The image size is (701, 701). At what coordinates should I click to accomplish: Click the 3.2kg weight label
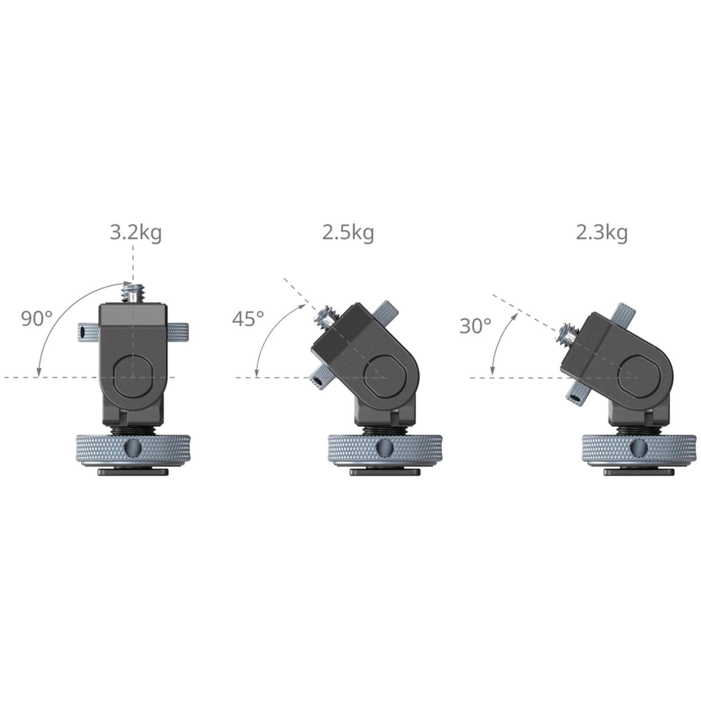pos(136,232)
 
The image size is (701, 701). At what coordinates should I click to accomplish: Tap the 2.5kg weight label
pos(348,232)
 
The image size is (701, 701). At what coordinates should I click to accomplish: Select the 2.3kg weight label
pos(601,232)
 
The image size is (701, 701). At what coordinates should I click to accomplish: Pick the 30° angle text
pos(475,326)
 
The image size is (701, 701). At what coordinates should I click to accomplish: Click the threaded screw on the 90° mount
pos(133,293)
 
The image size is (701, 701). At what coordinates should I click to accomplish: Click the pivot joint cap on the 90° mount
pos(133,376)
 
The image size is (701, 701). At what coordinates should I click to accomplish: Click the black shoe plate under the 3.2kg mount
pos(133,472)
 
